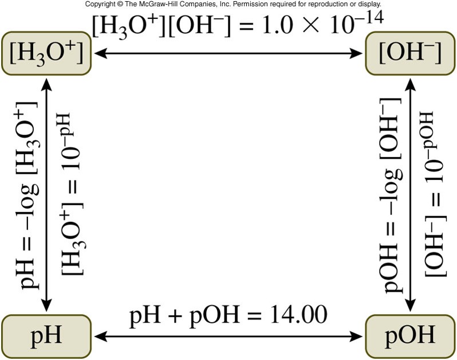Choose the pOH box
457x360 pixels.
pos(407,334)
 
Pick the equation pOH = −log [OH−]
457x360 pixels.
pos(395,193)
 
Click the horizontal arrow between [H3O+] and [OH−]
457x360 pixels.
pos(229,54)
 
